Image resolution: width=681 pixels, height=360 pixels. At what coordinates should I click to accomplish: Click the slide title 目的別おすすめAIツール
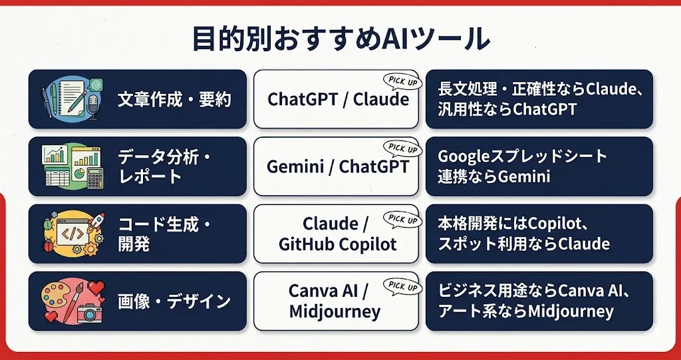click(x=341, y=41)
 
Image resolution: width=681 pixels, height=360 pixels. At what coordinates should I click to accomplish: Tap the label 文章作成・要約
click(x=174, y=100)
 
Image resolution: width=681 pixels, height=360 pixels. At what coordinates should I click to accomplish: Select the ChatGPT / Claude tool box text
click(x=338, y=100)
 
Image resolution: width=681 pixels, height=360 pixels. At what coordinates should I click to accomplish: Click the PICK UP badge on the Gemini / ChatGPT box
click(x=402, y=149)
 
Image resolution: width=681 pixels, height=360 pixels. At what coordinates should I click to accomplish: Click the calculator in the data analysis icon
click(x=95, y=178)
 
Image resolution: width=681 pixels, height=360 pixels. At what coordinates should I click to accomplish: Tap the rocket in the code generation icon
click(x=96, y=222)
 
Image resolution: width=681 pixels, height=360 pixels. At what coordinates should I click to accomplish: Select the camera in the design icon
click(x=90, y=313)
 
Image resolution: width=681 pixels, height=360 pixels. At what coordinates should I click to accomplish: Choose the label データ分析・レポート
click(x=165, y=167)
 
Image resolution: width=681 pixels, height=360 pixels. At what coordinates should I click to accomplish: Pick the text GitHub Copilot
click(x=337, y=245)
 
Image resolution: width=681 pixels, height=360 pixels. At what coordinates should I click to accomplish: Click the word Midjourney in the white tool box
click(x=335, y=311)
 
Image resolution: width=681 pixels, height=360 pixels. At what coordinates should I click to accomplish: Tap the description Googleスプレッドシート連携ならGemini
click(x=523, y=166)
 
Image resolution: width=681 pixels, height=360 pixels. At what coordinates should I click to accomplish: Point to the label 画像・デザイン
click(x=174, y=301)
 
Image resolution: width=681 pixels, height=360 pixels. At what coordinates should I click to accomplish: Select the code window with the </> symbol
click(x=72, y=232)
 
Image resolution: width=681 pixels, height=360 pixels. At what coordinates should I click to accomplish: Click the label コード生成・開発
click(x=165, y=235)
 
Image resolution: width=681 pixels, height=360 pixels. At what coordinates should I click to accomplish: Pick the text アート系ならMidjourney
click(x=525, y=311)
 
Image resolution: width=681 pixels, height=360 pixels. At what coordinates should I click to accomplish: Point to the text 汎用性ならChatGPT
click(x=507, y=108)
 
